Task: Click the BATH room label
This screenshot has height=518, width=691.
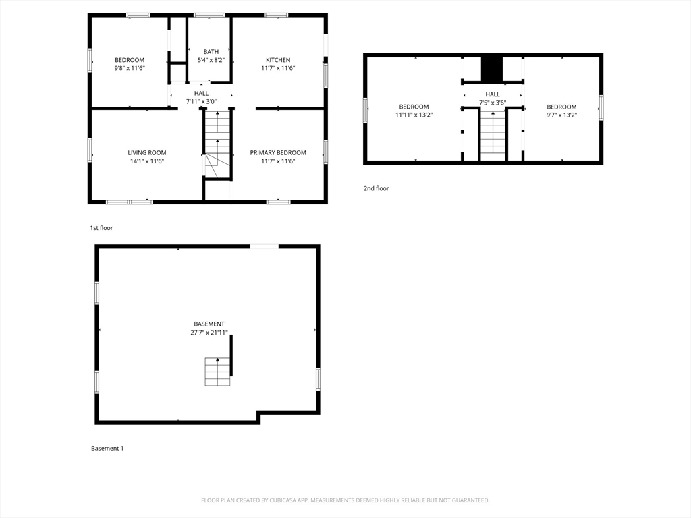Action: (211, 51)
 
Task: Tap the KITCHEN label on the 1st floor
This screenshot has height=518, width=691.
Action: (278, 60)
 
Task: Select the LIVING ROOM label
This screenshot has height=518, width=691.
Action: (147, 153)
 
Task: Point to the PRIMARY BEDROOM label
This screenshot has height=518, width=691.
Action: (278, 153)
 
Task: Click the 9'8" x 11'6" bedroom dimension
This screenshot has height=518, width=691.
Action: (130, 68)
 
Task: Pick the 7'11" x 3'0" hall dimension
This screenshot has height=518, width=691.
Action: (201, 102)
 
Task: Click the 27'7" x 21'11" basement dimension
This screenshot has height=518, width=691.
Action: (209, 333)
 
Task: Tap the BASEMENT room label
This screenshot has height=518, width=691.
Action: (209, 324)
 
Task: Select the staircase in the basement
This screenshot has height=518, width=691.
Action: (218, 372)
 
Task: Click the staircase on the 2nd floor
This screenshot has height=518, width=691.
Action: (493, 136)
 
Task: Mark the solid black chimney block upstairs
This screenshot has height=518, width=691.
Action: (492, 69)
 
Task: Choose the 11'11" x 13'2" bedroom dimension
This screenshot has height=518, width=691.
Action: (414, 115)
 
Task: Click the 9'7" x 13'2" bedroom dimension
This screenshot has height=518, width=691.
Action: (561, 115)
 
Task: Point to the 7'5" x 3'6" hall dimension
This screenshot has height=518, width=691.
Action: (493, 103)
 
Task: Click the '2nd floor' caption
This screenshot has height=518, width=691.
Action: (377, 189)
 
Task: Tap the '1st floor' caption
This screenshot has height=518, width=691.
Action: (101, 228)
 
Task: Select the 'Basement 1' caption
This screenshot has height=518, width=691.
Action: (107, 449)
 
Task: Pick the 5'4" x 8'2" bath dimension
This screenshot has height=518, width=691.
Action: (211, 60)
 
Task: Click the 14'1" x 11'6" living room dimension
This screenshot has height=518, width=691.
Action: (147, 161)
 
